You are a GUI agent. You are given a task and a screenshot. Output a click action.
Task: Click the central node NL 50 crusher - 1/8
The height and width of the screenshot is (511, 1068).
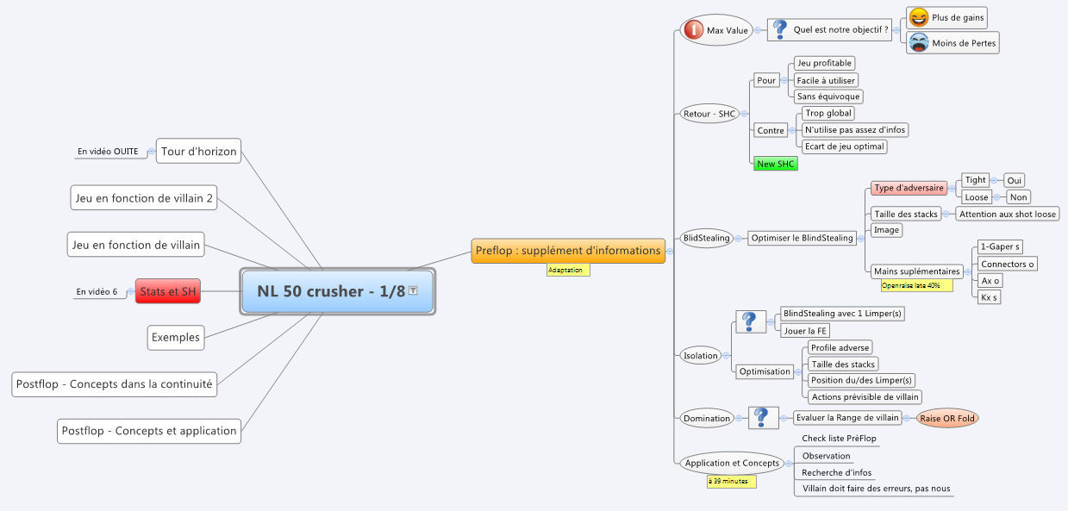(338, 291)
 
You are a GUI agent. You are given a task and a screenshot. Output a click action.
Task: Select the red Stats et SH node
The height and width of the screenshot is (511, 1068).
(168, 291)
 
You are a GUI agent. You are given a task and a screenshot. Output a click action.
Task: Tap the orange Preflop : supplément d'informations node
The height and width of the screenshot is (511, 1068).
(568, 251)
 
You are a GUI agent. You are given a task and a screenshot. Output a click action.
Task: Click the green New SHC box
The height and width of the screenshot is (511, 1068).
(775, 164)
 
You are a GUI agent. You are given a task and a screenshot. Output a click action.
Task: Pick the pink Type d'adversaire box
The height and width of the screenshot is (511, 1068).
(909, 188)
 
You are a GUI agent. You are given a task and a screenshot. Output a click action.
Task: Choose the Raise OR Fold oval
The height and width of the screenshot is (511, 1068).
(947, 418)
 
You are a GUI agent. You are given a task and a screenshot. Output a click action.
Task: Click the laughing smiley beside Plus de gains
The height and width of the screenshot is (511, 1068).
(919, 17)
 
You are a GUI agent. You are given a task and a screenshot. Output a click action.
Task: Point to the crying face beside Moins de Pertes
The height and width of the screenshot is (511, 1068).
(919, 42)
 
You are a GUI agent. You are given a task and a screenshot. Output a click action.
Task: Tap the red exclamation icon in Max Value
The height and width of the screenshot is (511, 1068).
(693, 30)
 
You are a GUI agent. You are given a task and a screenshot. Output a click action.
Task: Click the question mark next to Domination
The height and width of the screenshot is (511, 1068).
(762, 418)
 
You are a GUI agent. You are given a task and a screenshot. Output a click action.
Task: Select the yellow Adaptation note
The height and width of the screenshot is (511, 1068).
(568, 270)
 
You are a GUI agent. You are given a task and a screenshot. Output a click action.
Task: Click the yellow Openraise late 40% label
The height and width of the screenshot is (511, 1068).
(916, 285)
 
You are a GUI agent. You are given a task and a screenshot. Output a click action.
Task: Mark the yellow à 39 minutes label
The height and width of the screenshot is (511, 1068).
(731, 482)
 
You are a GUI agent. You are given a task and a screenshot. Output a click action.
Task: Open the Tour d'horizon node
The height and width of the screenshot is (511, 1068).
(199, 151)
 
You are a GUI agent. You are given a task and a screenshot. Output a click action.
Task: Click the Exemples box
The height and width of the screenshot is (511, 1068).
(176, 338)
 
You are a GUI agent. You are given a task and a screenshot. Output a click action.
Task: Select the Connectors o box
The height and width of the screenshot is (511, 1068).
(1007, 264)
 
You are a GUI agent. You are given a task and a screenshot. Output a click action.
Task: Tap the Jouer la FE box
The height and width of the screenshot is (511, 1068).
(805, 330)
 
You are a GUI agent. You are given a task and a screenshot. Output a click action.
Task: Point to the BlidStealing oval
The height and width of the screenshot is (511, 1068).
(706, 238)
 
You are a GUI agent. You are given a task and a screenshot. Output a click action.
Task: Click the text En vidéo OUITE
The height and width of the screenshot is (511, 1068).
(108, 152)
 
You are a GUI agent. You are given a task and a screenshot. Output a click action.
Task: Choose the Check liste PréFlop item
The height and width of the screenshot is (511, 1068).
(839, 438)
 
